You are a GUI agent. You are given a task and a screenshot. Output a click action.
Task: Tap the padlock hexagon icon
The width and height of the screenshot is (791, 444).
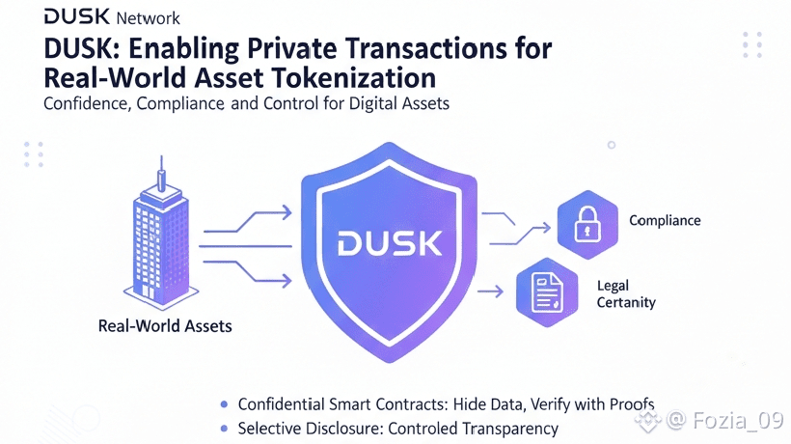tap(586, 224)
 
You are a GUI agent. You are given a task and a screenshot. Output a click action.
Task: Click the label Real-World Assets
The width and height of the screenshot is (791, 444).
tap(165, 326)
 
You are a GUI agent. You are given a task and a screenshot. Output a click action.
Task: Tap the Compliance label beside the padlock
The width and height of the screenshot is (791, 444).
tap(665, 221)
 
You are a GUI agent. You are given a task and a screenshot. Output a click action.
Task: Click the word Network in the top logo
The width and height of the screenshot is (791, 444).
tap(148, 18)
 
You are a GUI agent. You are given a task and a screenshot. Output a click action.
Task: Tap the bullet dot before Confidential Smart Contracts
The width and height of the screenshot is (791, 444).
tap(225, 403)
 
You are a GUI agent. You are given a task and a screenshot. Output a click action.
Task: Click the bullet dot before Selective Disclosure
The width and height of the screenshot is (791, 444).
tap(225, 428)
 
